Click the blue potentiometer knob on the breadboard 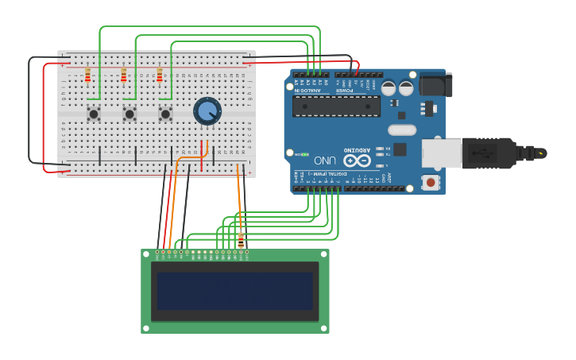[207, 111]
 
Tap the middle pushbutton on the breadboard [130, 114]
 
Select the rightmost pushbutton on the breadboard [165, 114]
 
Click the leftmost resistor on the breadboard [87, 75]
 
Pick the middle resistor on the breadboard [123, 75]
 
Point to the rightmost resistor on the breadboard [159, 75]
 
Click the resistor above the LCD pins [241, 240]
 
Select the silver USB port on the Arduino [442, 153]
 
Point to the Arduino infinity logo [357, 161]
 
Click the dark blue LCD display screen [234, 291]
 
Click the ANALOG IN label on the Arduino [309, 91]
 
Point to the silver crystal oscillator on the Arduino [402, 130]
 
